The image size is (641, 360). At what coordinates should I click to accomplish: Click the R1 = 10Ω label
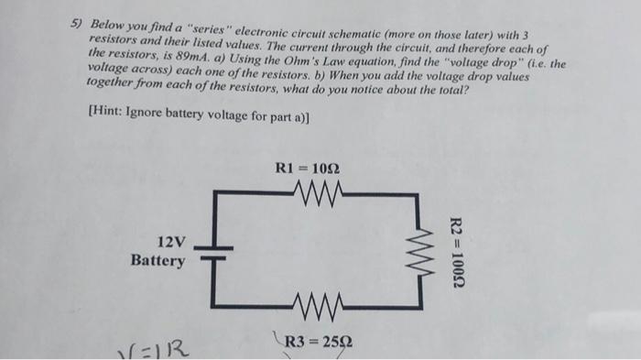[313, 168]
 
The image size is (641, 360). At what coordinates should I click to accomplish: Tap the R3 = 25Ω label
[315, 344]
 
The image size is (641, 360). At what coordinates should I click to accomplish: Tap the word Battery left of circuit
[158, 260]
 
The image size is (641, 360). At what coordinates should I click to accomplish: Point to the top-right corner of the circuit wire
[423, 193]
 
